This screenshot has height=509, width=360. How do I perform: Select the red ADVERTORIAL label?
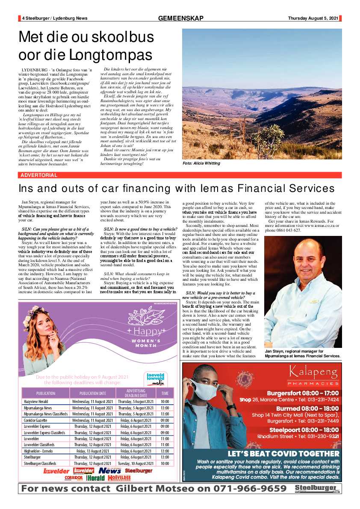(38, 175)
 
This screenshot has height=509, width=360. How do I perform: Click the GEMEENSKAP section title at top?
(180, 18)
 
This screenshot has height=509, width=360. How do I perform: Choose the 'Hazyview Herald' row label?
(36, 402)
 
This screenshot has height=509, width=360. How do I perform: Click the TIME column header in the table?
(165, 393)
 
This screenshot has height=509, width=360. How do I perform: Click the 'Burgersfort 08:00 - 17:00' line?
(302, 393)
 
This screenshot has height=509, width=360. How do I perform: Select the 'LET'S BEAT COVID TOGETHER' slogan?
(283, 453)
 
